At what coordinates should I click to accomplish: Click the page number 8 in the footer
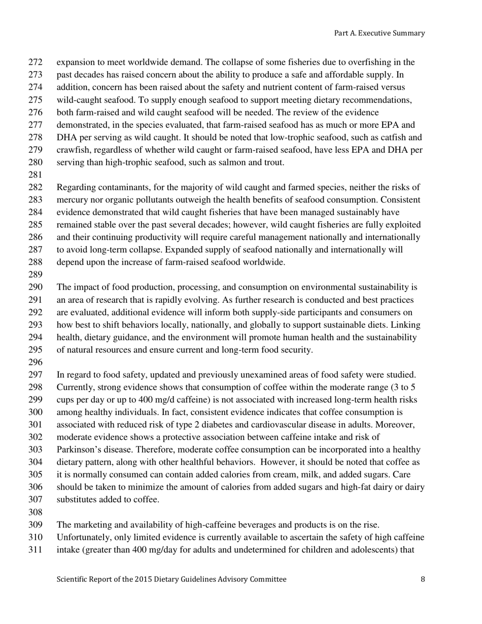tap(423, 579)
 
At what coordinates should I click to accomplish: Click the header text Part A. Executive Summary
tap(379, 33)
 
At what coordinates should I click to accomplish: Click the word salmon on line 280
tap(225, 163)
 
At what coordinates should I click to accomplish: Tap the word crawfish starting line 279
tap(71, 150)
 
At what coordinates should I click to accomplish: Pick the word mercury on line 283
tap(71, 200)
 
